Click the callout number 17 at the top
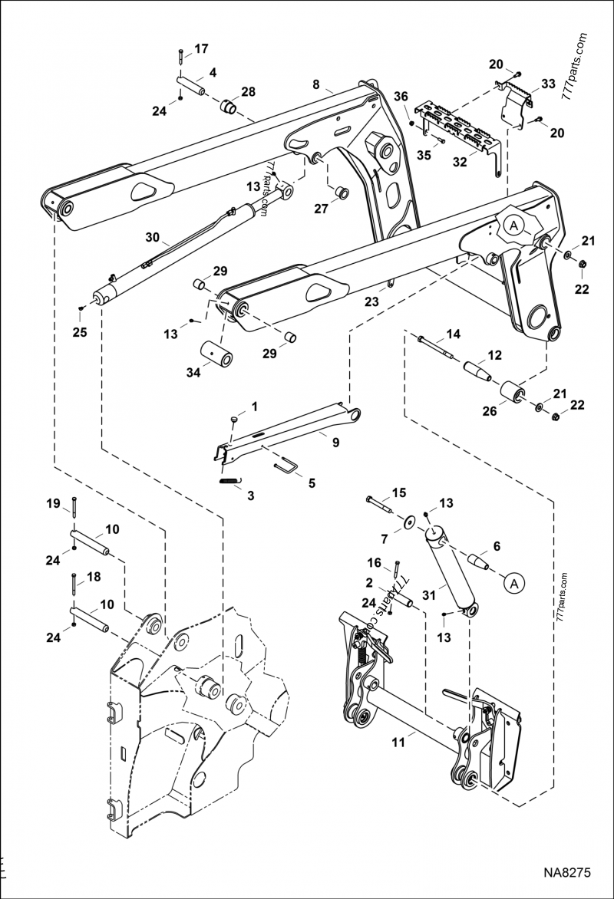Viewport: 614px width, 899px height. [200, 49]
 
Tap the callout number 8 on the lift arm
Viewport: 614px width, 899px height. [315, 84]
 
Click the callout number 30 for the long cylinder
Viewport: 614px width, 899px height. [152, 238]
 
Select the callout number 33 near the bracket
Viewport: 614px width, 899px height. [548, 84]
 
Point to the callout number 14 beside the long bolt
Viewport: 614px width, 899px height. [453, 334]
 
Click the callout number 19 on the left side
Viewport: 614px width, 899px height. [52, 503]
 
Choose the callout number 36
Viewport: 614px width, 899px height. [401, 96]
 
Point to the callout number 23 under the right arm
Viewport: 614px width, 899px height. [371, 303]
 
